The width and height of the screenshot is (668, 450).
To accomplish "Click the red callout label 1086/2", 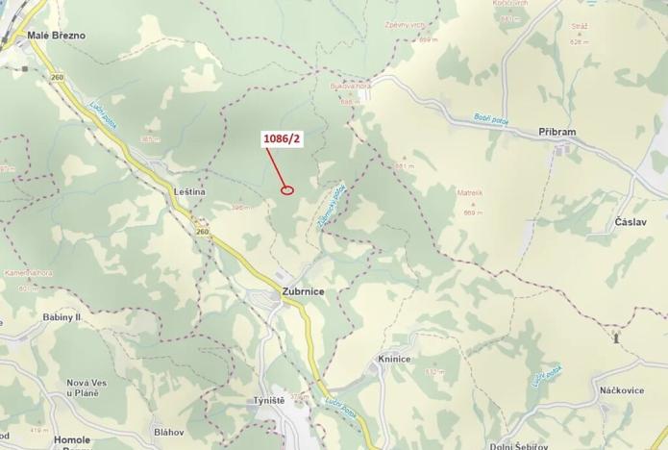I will click(283, 139).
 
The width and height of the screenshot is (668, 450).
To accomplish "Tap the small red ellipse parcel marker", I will click(286, 189).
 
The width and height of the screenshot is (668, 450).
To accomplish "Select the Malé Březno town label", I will click(57, 36).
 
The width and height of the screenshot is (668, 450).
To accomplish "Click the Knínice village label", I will click(394, 359).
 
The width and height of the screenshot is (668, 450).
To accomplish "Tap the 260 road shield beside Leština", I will click(202, 232).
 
